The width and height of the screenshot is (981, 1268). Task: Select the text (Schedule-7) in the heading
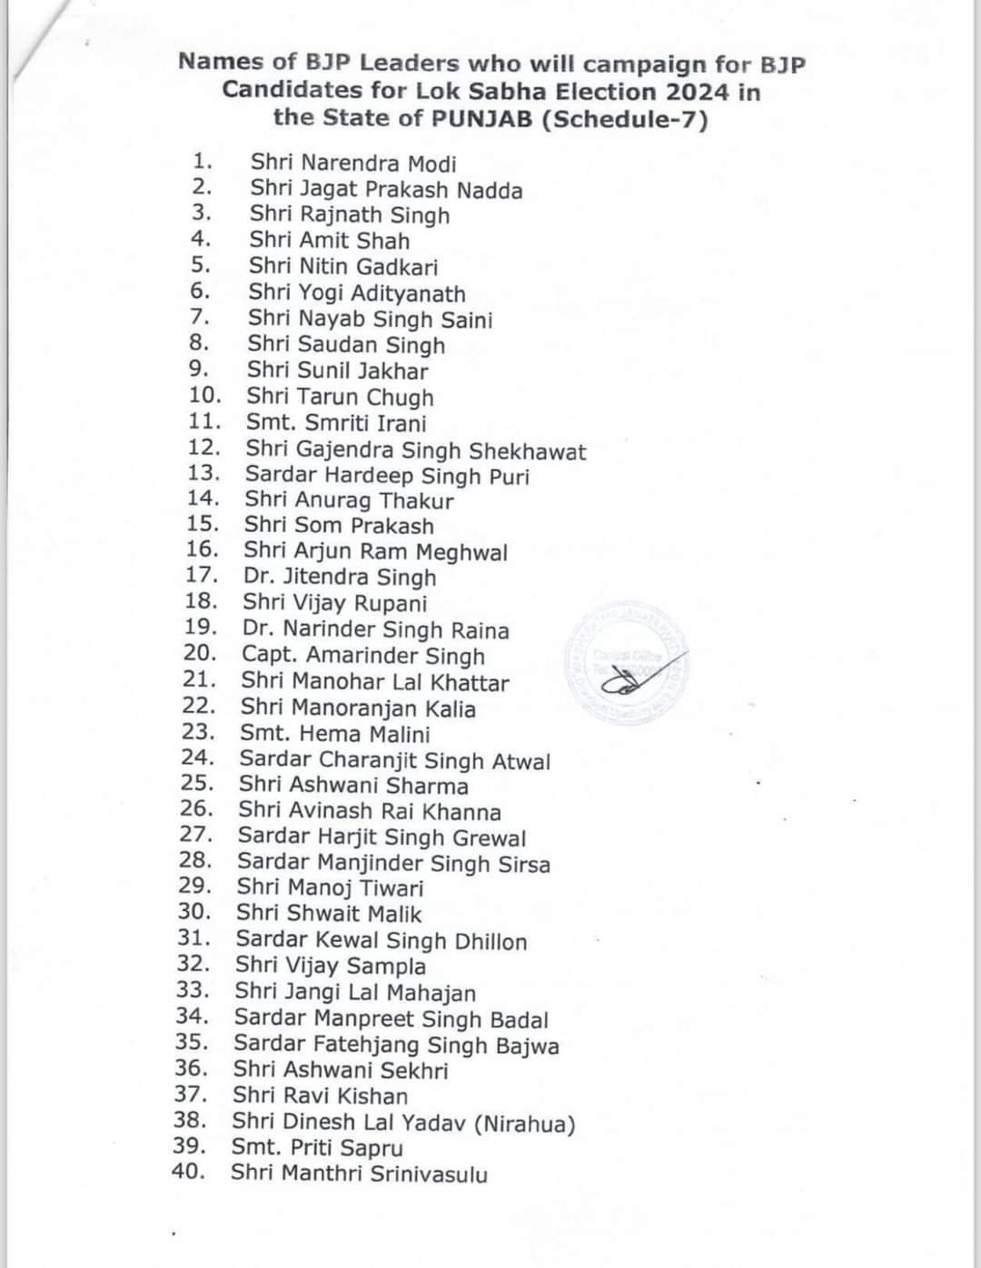click(624, 119)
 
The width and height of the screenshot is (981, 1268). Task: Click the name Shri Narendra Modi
click(353, 163)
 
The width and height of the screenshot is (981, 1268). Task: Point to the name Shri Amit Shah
click(330, 241)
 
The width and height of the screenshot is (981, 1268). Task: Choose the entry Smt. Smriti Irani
click(336, 423)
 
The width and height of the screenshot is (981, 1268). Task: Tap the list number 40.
click(188, 1172)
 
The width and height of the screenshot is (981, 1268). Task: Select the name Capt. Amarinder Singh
click(363, 656)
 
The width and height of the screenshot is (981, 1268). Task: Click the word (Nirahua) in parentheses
click(525, 1124)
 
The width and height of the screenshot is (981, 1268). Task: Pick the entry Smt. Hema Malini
click(335, 734)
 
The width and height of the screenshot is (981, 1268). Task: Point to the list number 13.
click(204, 473)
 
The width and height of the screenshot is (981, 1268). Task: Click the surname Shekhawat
click(528, 451)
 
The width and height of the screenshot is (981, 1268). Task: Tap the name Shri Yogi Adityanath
click(357, 293)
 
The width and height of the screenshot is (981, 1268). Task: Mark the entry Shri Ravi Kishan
click(320, 1096)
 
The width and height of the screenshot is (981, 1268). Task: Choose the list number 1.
click(203, 162)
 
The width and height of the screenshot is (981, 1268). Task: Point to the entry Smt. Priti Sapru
click(317, 1148)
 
